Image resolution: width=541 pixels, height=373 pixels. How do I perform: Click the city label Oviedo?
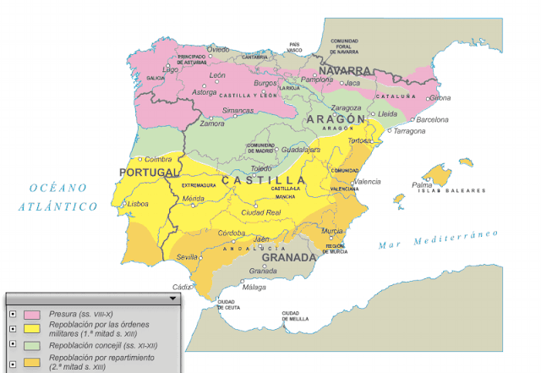218,50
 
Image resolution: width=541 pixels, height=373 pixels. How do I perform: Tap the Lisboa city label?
138,204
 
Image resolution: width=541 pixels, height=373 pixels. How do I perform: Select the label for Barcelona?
432,120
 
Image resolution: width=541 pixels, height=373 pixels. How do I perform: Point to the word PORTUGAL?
139,173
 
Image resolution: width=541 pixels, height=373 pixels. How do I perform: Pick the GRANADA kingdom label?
288,257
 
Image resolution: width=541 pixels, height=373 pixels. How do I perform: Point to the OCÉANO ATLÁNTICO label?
58,197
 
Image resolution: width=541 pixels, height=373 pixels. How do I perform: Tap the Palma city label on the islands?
422,184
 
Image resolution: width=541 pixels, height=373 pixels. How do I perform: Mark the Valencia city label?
366,182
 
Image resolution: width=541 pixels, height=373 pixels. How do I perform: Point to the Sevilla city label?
187,256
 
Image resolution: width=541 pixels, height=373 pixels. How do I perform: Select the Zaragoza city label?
347,108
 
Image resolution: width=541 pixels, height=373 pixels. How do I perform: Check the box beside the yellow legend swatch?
12,328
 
